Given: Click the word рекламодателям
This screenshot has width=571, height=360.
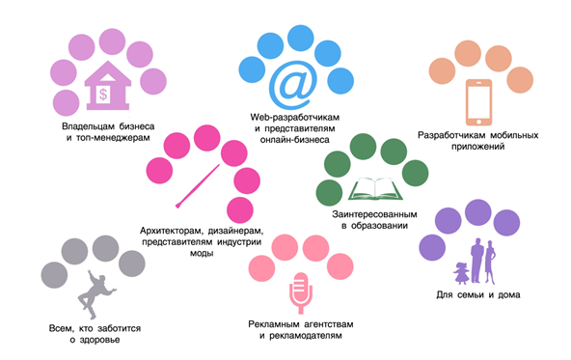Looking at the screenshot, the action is click(x=304, y=336).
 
